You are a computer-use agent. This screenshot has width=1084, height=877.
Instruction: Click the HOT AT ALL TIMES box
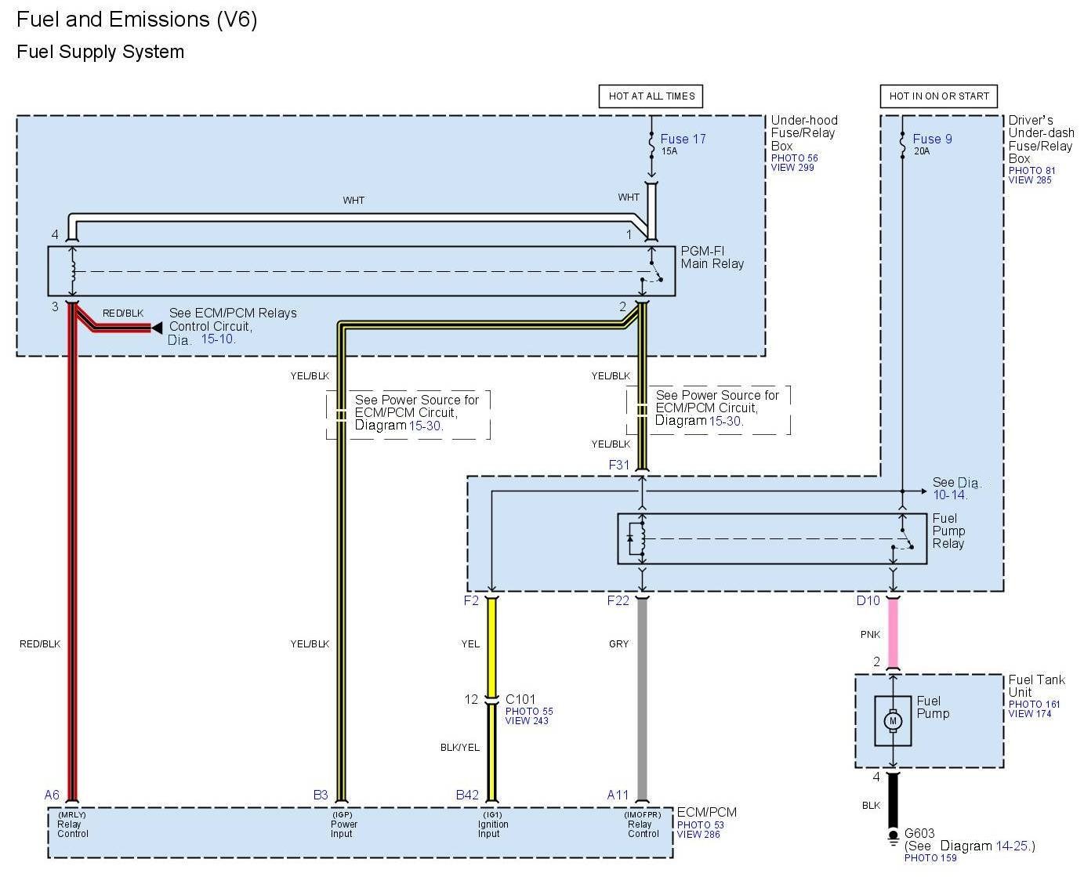click(x=651, y=96)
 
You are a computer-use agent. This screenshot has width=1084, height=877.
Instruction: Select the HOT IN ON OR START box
click(x=938, y=96)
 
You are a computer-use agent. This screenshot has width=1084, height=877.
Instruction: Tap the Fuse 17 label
click(x=683, y=139)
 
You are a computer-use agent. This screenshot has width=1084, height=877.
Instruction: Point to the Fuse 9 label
click(x=932, y=139)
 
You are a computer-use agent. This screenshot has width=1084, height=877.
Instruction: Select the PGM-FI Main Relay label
click(x=712, y=257)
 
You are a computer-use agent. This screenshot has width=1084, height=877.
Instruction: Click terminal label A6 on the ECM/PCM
click(x=52, y=795)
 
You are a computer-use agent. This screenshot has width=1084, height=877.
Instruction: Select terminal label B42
click(x=467, y=795)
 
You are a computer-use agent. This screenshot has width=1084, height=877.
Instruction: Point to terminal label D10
click(x=868, y=600)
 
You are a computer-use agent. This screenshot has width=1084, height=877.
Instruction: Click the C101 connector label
click(x=520, y=699)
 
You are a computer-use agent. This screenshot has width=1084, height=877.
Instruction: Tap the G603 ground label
click(x=919, y=833)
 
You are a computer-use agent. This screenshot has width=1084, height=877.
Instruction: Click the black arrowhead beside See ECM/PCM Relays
click(x=157, y=328)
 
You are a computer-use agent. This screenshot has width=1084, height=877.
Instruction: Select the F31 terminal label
click(x=619, y=465)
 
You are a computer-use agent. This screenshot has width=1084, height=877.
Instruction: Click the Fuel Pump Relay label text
click(x=948, y=531)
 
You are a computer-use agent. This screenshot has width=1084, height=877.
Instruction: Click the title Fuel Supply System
click(x=100, y=52)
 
